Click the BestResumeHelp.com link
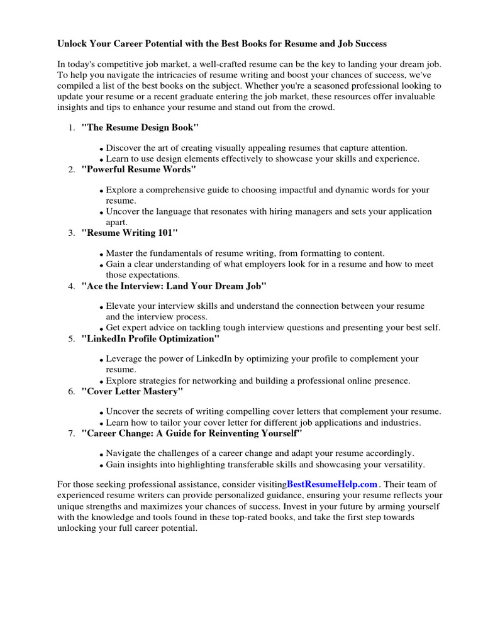click(x=332, y=484)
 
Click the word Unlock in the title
click(x=72, y=45)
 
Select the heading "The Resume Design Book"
click(x=140, y=128)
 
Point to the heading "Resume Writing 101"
click(x=130, y=233)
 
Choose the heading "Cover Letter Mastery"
click(x=133, y=391)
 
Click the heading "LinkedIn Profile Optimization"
click(x=150, y=339)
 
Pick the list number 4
click(x=72, y=286)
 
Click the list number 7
click(x=72, y=434)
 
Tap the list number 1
click(x=72, y=128)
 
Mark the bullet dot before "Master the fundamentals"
click(x=102, y=255)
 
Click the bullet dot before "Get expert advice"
click(x=102, y=329)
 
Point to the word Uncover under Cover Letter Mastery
click(x=124, y=411)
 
